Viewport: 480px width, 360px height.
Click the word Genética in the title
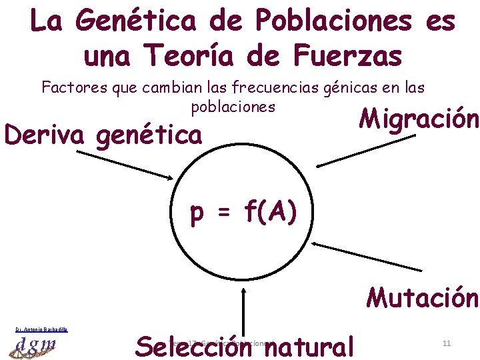click(134, 21)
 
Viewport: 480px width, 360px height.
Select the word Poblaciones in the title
click(315, 21)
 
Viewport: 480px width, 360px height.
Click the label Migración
click(419, 119)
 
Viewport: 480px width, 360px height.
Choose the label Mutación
click(421, 297)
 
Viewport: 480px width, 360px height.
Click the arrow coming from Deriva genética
click(124, 155)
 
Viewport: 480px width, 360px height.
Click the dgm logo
click(37, 346)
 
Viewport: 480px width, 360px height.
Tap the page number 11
click(447, 343)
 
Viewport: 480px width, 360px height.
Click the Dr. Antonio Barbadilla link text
click(42, 329)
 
